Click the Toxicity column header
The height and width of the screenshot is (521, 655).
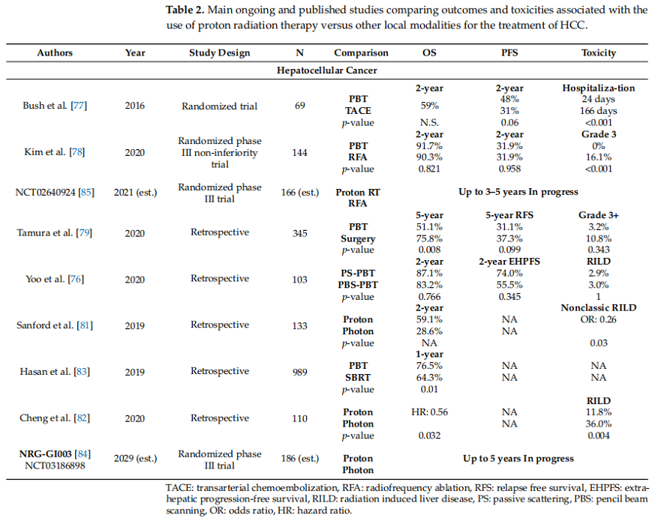pyautogui.click(x=598, y=53)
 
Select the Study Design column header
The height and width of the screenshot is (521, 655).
pyautogui.click(x=219, y=53)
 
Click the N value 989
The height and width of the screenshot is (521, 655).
pyautogui.click(x=299, y=371)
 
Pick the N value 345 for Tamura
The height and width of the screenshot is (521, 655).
pyautogui.click(x=299, y=233)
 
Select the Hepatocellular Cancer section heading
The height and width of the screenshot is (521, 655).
pyautogui.click(x=326, y=70)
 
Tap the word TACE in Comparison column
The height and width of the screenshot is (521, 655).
pyautogui.click(x=358, y=110)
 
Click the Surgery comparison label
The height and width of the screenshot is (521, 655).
pyautogui.click(x=358, y=239)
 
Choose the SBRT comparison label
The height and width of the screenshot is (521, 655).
pyautogui.click(x=358, y=378)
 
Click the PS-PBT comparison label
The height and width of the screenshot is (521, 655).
pyautogui.click(x=358, y=274)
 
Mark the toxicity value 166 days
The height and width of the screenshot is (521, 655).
pyautogui.click(x=598, y=110)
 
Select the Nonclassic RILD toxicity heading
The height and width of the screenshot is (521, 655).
pyautogui.click(x=598, y=308)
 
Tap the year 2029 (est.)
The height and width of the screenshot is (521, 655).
pyautogui.click(x=136, y=458)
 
